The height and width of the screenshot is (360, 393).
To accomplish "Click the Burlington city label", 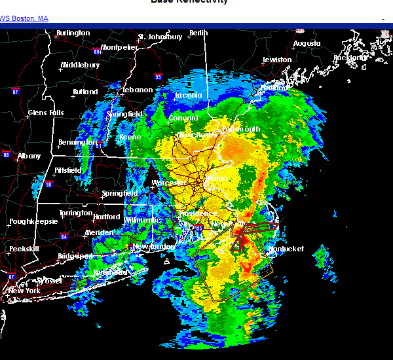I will [73, 33].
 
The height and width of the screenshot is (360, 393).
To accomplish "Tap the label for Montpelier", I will [119, 47].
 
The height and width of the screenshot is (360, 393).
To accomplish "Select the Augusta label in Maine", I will [307, 43].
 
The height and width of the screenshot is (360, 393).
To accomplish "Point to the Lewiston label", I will [276, 60].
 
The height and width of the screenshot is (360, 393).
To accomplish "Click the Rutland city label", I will [85, 92].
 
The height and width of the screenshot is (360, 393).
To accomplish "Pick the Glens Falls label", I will [46, 113].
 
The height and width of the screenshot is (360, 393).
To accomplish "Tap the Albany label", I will [29, 156].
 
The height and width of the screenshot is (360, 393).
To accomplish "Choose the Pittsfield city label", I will [67, 170].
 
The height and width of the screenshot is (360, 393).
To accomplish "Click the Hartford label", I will [107, 217].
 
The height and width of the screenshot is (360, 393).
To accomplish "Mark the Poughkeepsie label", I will [31, 222].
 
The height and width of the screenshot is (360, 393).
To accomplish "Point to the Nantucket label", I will [286, 249].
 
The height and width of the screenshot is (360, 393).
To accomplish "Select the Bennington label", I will [77, 142].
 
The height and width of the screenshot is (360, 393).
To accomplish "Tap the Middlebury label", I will [80, 65].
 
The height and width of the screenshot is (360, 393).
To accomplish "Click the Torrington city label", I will [75, 213].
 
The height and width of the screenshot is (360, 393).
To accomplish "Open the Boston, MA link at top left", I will [24, 18].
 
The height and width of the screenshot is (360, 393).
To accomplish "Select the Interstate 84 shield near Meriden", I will [64, 236].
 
